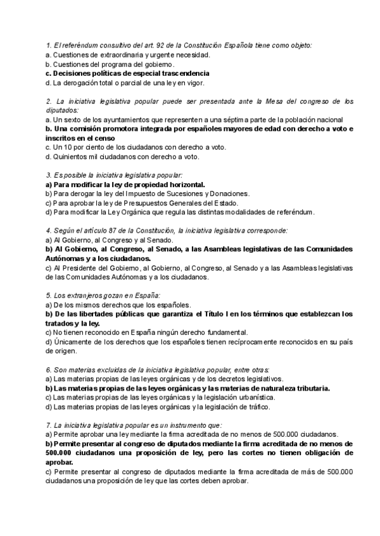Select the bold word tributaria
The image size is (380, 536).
click(x=307, y=387)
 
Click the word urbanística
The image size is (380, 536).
click(x=248, y=397)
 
